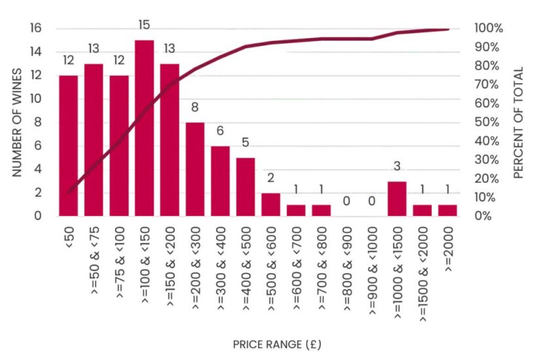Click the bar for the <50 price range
click(68, 145)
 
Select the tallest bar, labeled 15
click(144, 128)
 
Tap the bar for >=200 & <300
click(195, 169)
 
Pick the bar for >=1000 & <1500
click(397, 198)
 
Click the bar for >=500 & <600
click(271, 204)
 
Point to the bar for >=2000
click(448, 210)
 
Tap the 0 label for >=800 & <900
click(346, 202)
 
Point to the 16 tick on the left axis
click(36, 28)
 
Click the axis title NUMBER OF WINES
click(18, 122)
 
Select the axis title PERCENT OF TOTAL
click(518, 122)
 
